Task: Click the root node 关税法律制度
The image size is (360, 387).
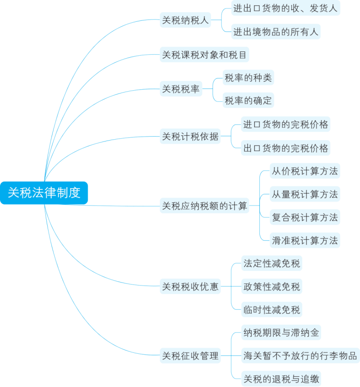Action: (44, 193)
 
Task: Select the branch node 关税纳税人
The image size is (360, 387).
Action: (185, 20)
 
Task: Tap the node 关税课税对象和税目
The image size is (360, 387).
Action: (204, 55)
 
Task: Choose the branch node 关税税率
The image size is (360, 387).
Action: (181, 89)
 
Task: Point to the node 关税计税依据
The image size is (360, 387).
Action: (190, 136)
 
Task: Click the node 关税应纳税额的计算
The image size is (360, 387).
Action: (204, 206)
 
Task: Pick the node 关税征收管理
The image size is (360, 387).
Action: (190, 356)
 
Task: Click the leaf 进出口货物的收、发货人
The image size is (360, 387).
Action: (285, 8)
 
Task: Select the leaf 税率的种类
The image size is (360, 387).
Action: (248, 78)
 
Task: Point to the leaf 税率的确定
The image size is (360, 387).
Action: (248, 101)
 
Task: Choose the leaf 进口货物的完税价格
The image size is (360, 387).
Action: (286, 125)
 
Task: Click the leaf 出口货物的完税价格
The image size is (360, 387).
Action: (286, 148)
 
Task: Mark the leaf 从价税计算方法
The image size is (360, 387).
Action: (305, 171)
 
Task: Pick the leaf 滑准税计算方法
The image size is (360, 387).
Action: (305, 241)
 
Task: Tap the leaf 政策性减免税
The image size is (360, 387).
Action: (271, 286)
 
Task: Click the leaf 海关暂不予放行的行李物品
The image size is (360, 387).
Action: (300, 356)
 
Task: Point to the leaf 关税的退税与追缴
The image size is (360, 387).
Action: (281, 379)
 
